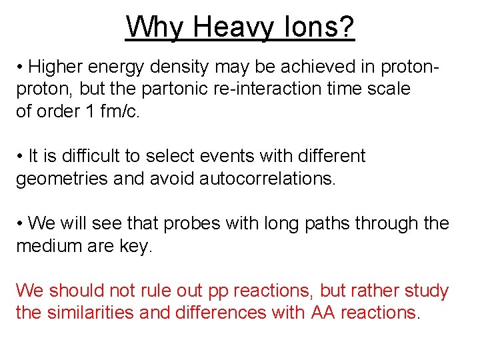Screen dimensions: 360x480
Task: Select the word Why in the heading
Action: (157, 28)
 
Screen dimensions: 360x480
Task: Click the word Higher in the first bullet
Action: (59, 67)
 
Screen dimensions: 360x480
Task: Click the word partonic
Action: (172, 89)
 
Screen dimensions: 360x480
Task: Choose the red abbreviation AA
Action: (323, 313)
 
